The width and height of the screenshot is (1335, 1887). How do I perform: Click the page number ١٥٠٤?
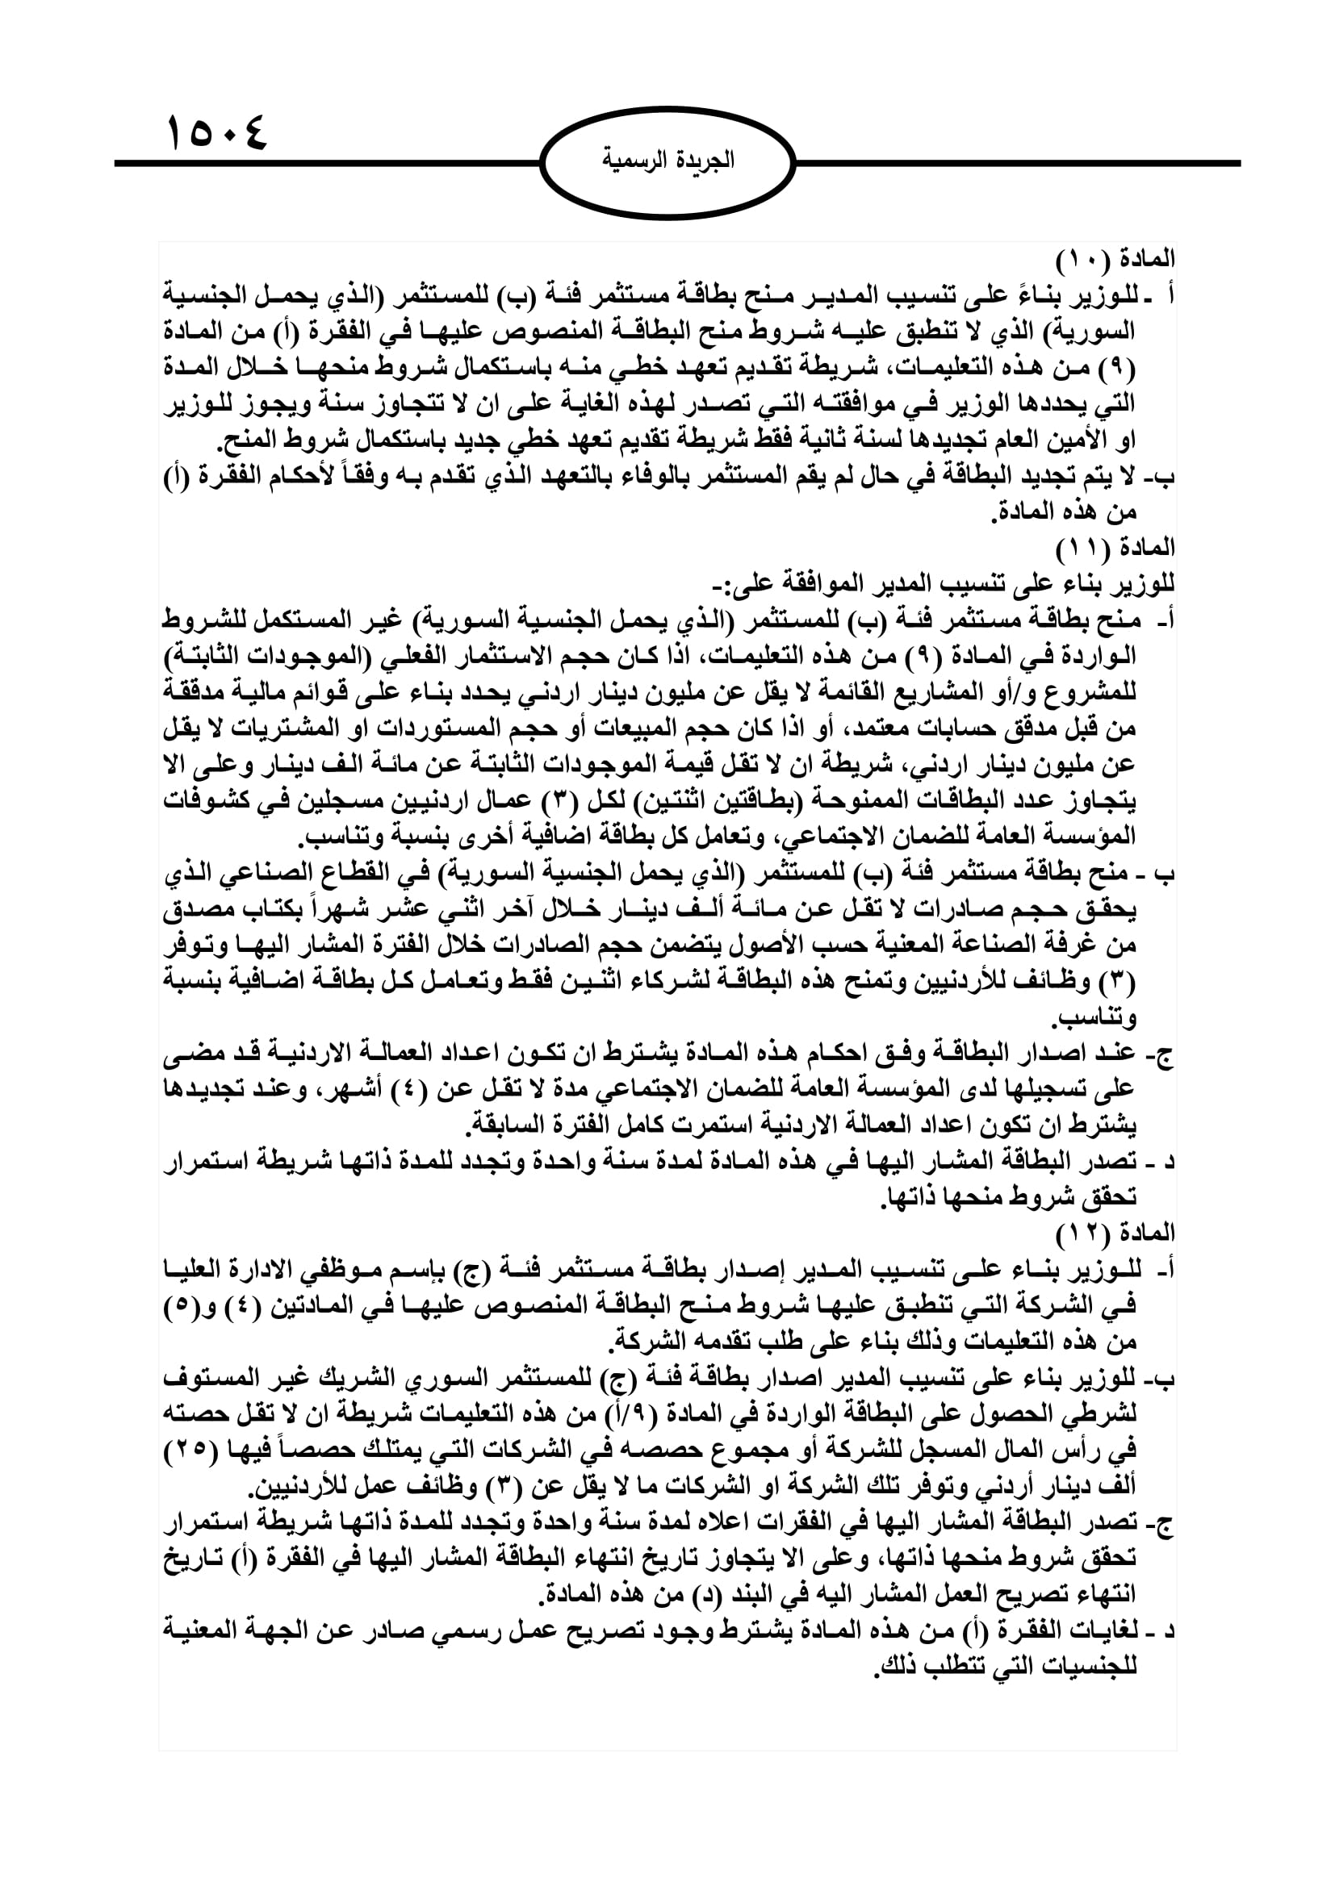[x=217, y=132]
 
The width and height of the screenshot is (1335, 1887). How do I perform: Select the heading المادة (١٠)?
[x=1115, y=259]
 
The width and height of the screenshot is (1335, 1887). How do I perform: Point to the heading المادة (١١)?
[x=1115, y=547]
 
